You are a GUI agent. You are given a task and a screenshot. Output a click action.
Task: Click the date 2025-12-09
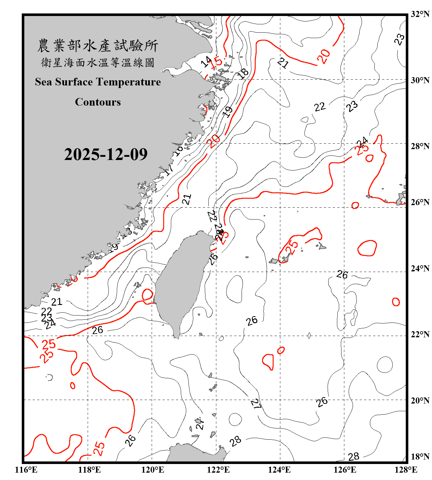pos(106,154)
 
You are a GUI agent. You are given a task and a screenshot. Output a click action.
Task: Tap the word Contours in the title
pos(98,102)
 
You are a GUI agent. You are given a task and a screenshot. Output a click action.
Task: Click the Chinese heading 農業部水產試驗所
pos(98,46)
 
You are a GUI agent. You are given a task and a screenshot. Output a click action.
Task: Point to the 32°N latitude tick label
pos(420,14)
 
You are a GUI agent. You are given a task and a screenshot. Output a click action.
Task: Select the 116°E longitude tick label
pos(26,470)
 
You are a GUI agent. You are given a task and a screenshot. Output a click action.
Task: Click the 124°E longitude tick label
pos(279,470)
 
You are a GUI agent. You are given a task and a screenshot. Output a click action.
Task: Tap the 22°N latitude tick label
pos(420,334)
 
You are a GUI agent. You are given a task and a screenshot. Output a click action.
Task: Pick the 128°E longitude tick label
pos(406,470)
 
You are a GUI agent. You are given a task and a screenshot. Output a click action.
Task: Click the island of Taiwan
pos(181,282)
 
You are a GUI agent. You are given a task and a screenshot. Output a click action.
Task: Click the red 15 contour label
pos(217,61)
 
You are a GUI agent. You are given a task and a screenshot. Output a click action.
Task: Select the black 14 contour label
pos(206,61)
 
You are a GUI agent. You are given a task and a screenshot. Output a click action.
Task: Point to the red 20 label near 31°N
pos(324,56)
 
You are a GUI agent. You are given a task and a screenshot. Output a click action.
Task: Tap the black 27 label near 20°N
pos(256,404)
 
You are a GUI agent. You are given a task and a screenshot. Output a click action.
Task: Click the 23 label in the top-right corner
pos(399,39)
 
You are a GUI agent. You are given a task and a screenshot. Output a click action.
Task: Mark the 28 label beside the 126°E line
pos(353,457)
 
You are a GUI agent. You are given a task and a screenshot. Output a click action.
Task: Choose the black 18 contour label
pos(243,74)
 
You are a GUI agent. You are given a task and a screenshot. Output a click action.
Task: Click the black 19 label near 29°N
pos(227,112)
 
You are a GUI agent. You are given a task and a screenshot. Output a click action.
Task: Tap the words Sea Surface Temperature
pos(98,82)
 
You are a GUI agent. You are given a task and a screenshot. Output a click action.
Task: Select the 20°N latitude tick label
pos(420,400)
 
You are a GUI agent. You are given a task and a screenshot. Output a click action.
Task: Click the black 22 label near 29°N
pos(320,107)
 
